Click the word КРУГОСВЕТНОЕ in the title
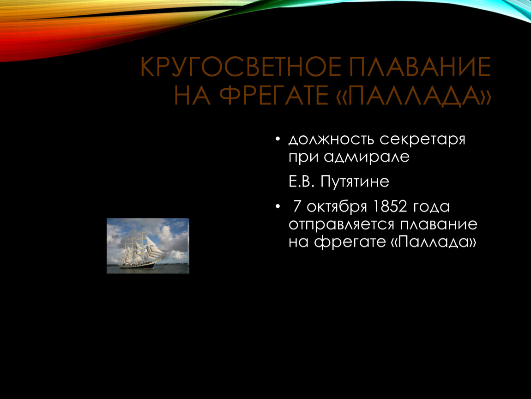pyautogui.click(x=241, y=66)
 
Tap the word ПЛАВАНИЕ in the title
pyautogui.click(x=420, y=66)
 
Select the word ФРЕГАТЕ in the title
pyautogui.click(x=274, y=95)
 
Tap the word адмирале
pyautogui.click(x=367, y=157)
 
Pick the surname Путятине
pyautogui.click(x=355, y=181)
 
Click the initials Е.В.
pyautogui.click(x=302, y=181)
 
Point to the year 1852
pyautogui.click(x=389, y=206)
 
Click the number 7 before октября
pyautogui.click(x=297, y=206)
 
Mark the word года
pyautogui.click(x=431, y=207)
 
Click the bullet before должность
pyautogui.click(x=278, y=139)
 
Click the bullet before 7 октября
pyautogui.click(x=278, y=206)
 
